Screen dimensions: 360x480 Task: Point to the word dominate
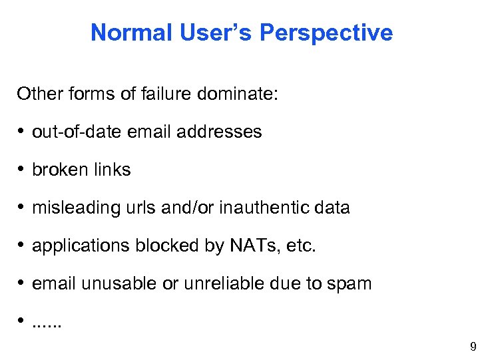[x=238, y=93]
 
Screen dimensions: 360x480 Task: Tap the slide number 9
[x=473, y=346]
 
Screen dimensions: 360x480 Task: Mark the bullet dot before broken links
[x=23, y=170]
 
